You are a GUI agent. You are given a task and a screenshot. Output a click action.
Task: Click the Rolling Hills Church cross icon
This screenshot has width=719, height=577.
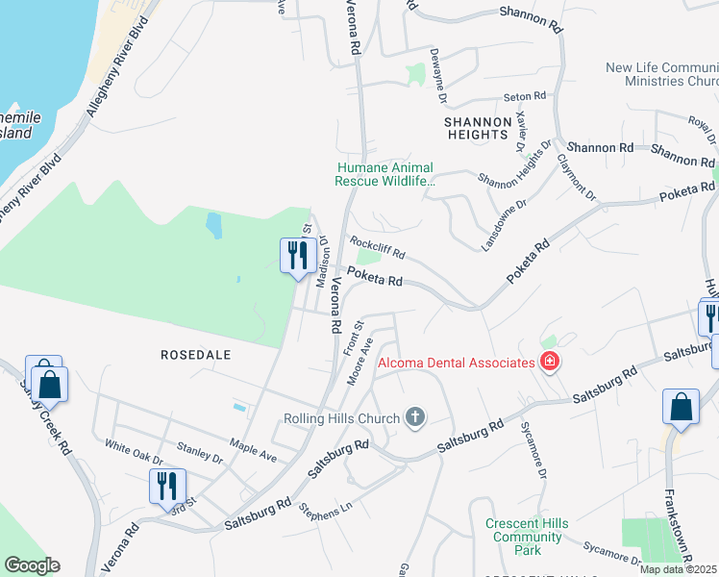(415, 417)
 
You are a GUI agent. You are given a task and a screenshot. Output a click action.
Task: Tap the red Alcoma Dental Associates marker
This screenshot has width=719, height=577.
(549, 363)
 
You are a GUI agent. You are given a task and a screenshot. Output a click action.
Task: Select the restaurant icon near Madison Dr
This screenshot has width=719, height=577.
(296, 256)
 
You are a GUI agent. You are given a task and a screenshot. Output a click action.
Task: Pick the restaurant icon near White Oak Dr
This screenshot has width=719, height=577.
(166, 486)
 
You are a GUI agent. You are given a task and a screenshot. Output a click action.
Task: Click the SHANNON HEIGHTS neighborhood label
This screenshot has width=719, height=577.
(477, 128)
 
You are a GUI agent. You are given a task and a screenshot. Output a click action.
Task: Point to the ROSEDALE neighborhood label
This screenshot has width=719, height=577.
(196, 355)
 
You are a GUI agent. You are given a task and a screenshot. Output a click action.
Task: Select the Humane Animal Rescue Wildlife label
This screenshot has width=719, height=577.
(384, 173)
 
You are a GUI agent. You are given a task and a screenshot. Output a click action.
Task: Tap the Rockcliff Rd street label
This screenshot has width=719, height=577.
(378, 248)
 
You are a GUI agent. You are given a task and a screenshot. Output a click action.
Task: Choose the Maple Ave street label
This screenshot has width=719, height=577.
(253, 446)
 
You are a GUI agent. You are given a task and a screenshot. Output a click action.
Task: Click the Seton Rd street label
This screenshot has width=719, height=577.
(526, 96)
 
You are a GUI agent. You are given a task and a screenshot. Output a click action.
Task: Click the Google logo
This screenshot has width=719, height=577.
(32, 565)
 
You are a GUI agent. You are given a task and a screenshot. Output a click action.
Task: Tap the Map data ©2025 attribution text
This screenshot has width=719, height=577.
(679, 569)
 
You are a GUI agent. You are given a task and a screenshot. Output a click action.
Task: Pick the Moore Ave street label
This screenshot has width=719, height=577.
(359, 363)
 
